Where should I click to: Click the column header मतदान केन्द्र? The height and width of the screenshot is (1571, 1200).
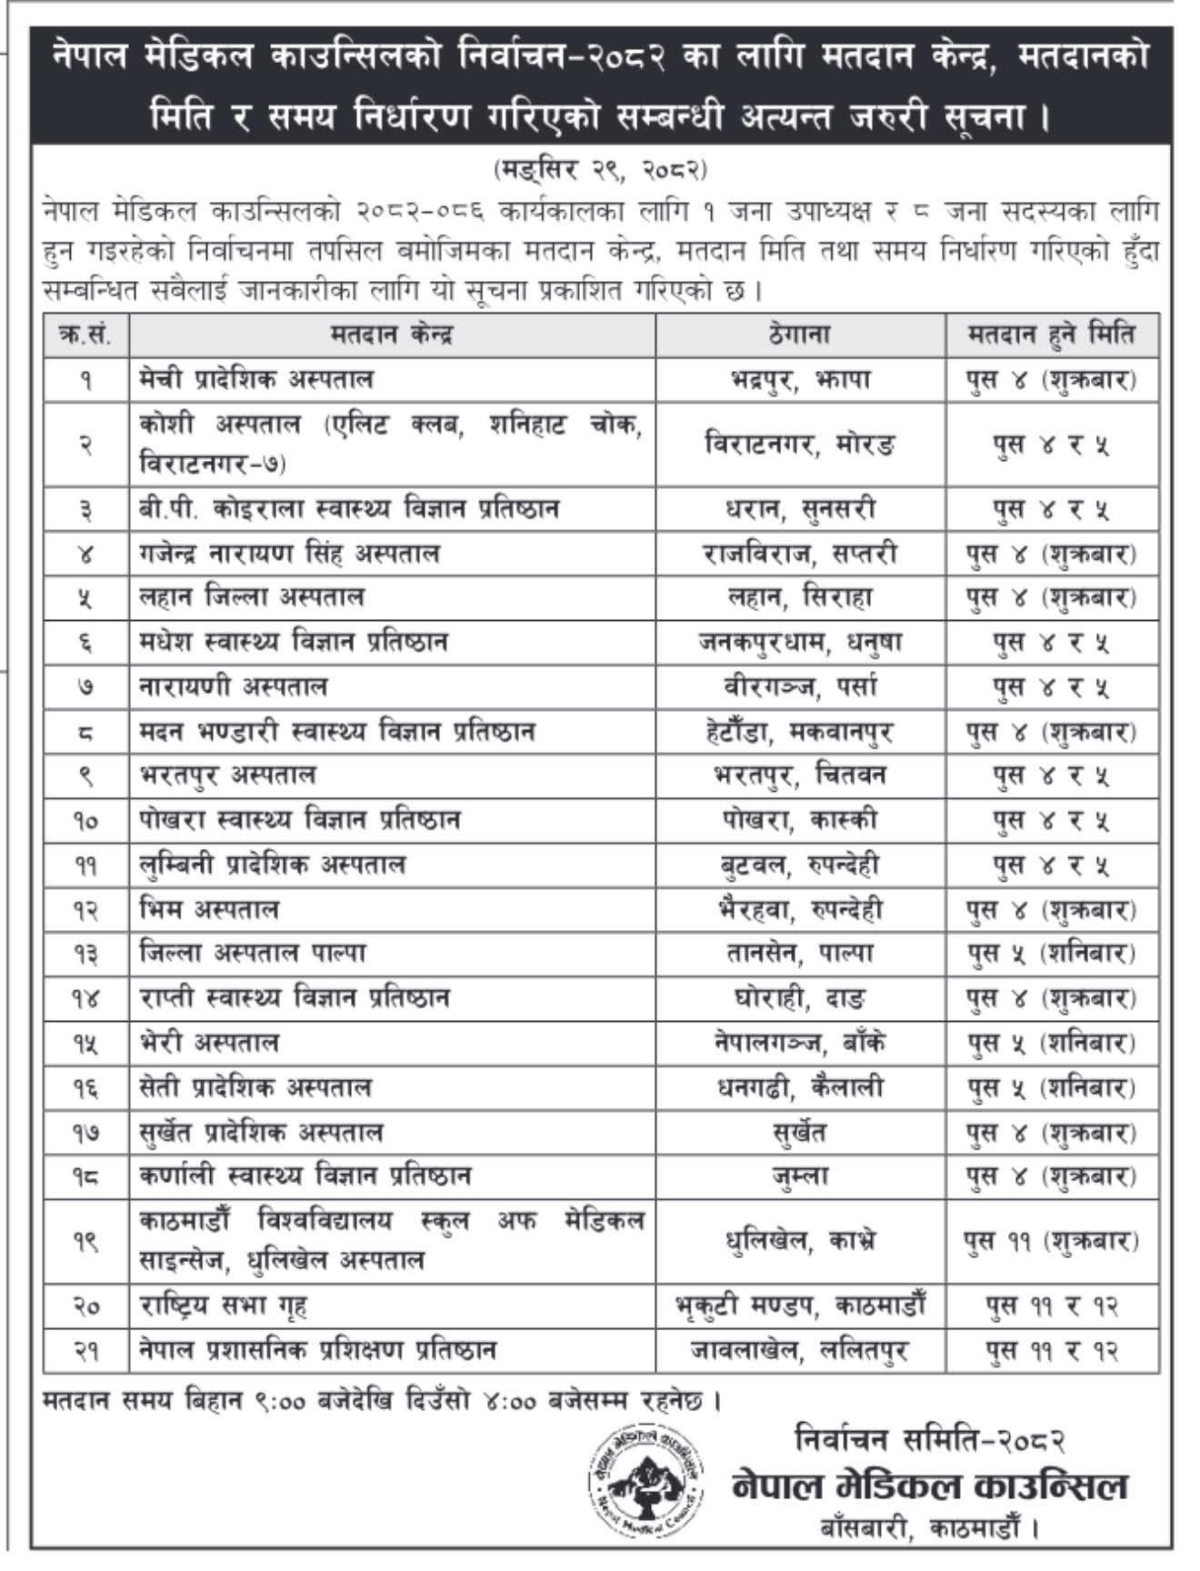coord(392,335)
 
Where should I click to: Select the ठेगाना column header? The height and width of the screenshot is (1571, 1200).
coord(799,335)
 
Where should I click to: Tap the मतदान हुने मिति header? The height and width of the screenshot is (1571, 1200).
coord(1051,335)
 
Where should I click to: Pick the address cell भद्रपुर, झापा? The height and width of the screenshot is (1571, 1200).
coord(799,379)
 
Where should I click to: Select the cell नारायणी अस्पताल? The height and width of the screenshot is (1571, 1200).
coord(234,687)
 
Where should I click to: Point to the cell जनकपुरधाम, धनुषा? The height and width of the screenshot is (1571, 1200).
coord(799,643)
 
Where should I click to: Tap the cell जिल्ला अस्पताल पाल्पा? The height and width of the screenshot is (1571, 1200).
coord(254,954)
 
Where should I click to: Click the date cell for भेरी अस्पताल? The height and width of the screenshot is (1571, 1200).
coord(1051,1043)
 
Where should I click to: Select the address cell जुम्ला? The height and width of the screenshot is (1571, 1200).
coord(799,1176)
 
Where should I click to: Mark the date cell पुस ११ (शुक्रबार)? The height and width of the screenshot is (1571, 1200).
coord(1051,1240)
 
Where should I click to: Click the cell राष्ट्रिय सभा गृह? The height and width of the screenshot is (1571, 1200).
coord(224,1306)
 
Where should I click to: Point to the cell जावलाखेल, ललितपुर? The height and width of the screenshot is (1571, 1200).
coord(799,1351)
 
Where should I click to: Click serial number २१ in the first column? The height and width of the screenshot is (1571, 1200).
coord(86,1351)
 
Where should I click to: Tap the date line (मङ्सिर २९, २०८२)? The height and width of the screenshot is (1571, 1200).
coord(601,170)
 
